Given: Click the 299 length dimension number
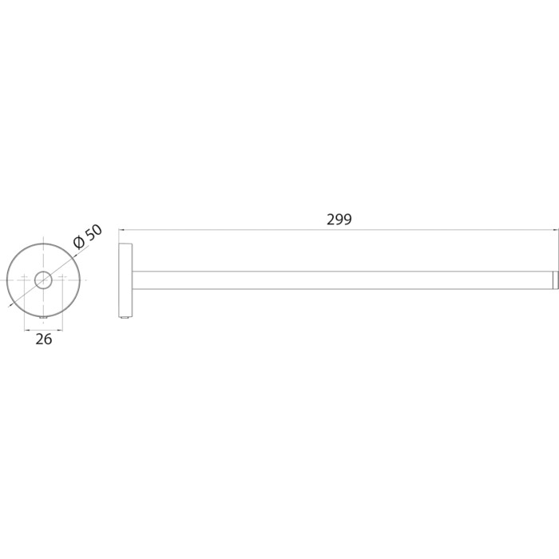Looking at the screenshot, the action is click(x=339, y=220).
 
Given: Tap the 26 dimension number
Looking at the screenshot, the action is click(x=43, y=339).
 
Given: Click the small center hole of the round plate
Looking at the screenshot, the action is click(x=43, y=280).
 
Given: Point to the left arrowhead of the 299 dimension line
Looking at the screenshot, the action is click(x=121, y=230).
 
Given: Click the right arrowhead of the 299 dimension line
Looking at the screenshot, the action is click(x=556, y=230).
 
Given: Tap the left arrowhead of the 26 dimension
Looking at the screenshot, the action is click(x=26, y=331).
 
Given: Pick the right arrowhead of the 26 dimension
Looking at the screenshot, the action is click(x=60, y=331).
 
